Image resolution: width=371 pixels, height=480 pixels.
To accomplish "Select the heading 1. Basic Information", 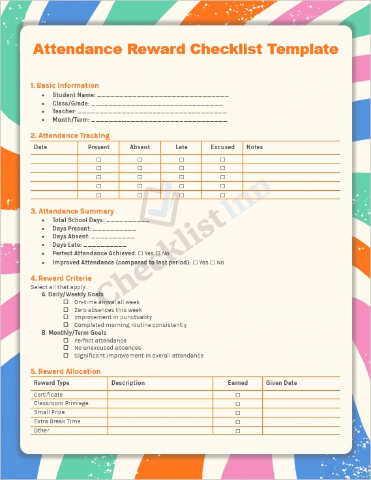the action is point(65,85).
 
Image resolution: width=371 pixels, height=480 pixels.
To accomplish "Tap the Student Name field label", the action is point(74,95).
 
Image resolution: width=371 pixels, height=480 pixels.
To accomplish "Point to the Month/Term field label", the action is point(71,120).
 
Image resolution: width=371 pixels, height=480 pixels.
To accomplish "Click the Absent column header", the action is point(140,147).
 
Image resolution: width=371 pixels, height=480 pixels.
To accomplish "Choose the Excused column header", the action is point(222,147).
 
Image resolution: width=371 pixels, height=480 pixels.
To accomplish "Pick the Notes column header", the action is point(254,147).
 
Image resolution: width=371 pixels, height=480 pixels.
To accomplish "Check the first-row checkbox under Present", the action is point(99,159).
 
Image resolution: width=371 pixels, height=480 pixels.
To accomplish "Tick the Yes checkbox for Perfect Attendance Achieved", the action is point(141,253).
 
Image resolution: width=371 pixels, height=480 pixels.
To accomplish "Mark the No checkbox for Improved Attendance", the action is point(213,262).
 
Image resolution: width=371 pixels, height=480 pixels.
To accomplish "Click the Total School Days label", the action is point(78,221).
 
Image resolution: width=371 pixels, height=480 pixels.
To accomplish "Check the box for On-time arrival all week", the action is point(66,302).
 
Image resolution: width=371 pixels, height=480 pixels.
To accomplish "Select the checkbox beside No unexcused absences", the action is point(66,348).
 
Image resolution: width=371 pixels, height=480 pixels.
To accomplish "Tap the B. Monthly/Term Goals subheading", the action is point(74,332).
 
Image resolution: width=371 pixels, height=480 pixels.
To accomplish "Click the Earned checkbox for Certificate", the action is point(238,395).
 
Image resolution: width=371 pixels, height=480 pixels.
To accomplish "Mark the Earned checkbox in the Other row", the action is point(238,431).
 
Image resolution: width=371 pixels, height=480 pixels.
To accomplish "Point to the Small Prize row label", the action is point(50,412).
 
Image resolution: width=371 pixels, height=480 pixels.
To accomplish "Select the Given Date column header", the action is point(281,383).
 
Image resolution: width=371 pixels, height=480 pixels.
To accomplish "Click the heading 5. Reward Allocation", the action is point(65,371).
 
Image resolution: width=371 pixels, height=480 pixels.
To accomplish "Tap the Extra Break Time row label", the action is point(57,421).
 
